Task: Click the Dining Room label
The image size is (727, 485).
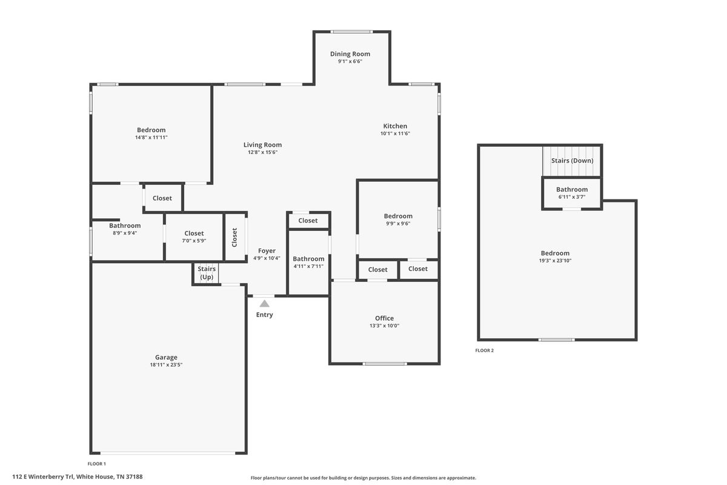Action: [x=350, y=54]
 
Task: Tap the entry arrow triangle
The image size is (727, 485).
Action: [x=264, y=303]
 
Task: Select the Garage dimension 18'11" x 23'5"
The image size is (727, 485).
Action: [x=166, y=365]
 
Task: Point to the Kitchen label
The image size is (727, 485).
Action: [x=395, y=126]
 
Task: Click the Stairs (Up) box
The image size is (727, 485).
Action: [x=206, y=273]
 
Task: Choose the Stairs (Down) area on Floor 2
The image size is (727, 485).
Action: [x=571, y=161]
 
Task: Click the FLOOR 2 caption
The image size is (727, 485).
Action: [x=484, y=350]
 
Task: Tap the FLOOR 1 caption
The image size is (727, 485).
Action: [x=96, y=464]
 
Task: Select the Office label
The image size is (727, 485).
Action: [x=384, y=318]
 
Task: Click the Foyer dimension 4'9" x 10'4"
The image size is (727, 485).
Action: [x=267, y=258]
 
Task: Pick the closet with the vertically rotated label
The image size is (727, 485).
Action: [x=235, y=236]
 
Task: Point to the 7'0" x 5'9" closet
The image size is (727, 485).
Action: [x=194, y=236]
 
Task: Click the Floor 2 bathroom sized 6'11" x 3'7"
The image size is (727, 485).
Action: [x=571, y=193]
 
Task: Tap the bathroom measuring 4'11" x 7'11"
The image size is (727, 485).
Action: [x=308, y=263]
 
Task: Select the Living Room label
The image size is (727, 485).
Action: [x=262, y=145]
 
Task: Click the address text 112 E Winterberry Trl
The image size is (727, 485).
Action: [x=43, y=477]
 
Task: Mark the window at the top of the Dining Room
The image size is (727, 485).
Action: [x=352, y=32]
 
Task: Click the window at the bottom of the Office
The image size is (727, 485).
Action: [x=385, y=364]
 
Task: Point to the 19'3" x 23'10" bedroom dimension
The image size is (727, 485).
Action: [x=555, y=261]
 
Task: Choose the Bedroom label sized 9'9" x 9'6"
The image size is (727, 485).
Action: [x=398, y=216]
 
